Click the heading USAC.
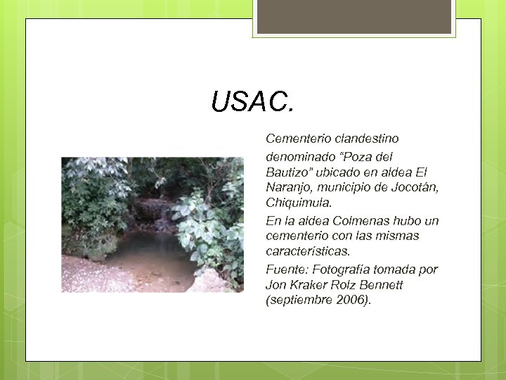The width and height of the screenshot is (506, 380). (x=254, y=103)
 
